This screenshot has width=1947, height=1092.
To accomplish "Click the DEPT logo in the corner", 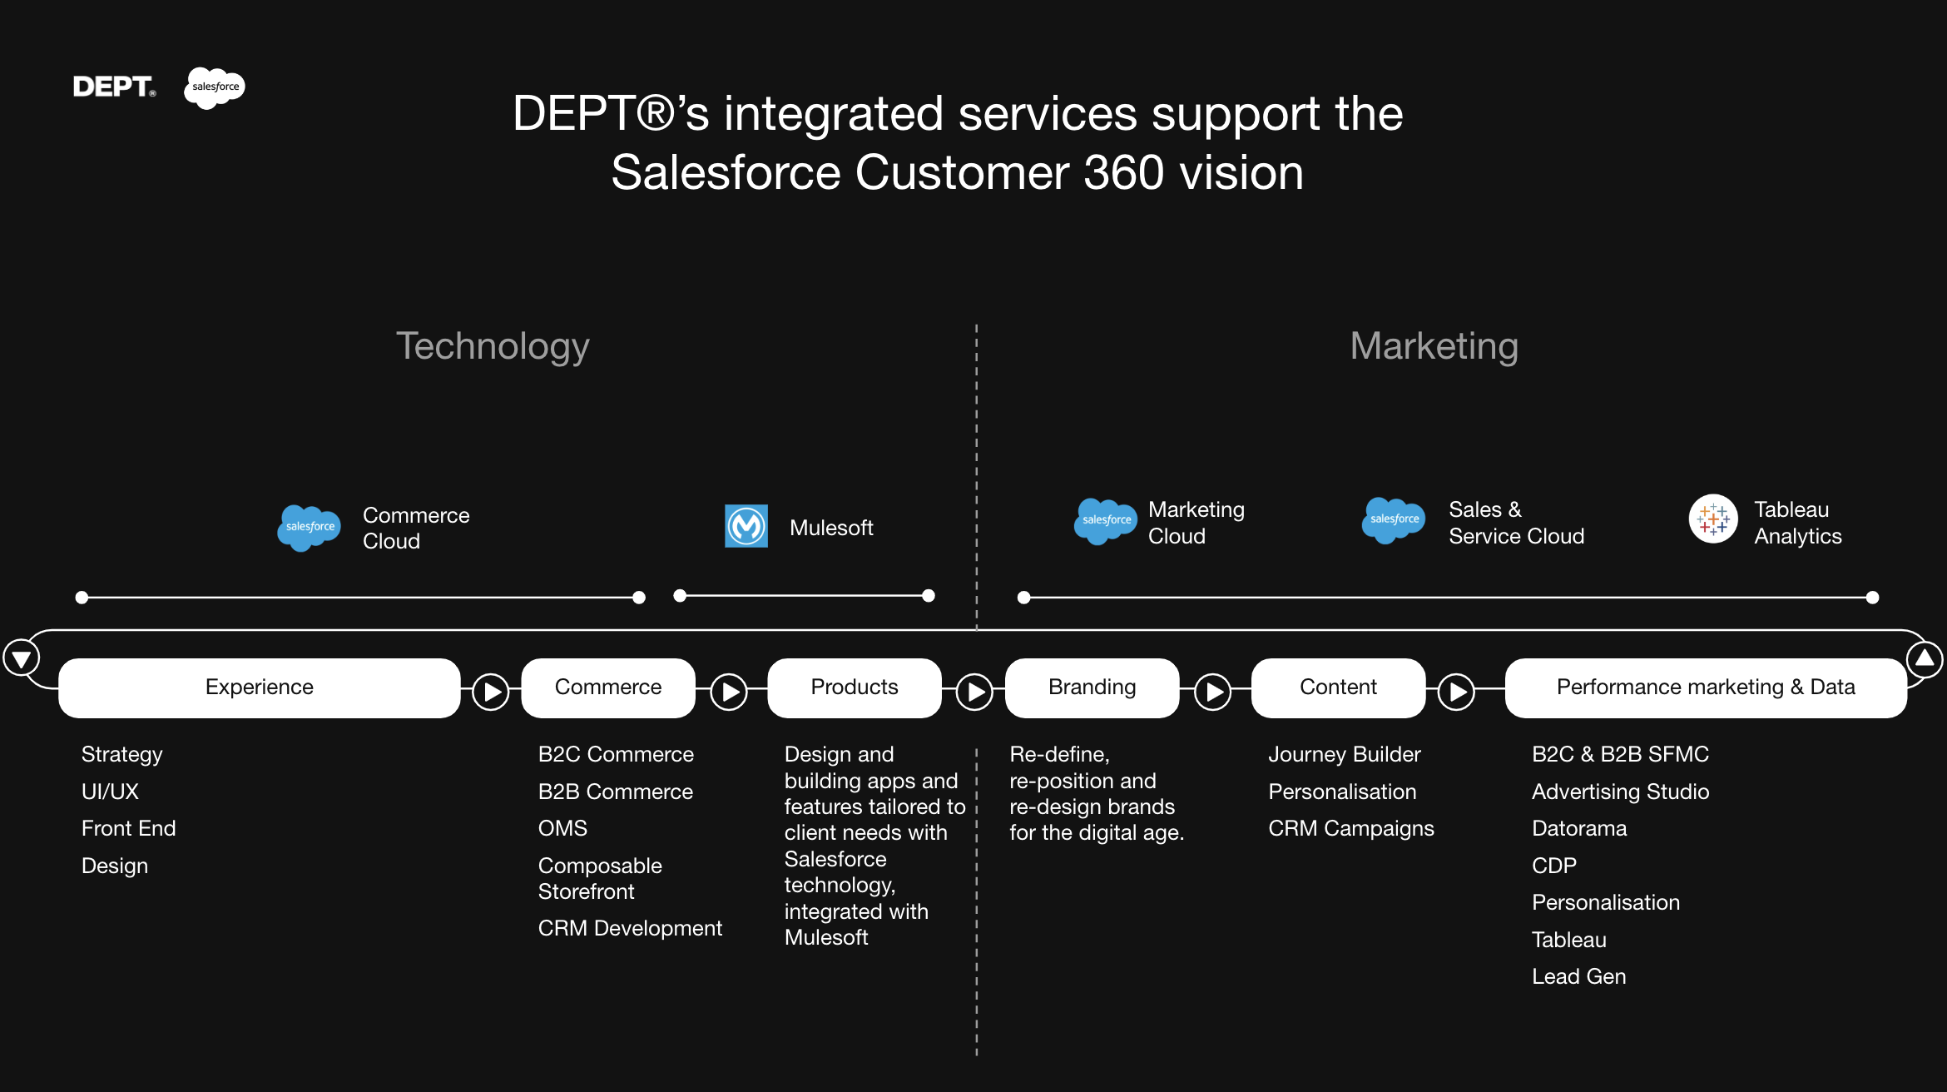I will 114,87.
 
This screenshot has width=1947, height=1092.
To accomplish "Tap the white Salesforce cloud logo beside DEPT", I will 215,87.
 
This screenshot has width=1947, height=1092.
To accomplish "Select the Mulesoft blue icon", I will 746,526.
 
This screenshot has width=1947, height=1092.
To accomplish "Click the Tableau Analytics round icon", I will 1713,519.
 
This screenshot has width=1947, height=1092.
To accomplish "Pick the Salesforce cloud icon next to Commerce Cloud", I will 310,527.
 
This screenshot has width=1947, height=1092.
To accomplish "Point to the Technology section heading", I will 493,346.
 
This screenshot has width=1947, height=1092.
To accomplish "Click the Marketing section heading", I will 1434,346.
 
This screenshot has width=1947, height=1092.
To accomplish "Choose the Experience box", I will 260,687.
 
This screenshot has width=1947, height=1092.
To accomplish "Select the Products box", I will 855,687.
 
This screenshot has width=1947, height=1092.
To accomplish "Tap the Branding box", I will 1092,687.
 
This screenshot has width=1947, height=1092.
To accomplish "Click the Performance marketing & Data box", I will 1706,687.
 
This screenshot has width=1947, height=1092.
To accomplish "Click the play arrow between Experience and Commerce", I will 491,692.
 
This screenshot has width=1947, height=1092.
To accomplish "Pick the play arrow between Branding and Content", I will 1213,692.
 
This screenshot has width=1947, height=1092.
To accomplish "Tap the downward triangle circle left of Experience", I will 22,659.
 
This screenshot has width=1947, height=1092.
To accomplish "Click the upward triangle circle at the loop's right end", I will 1925,659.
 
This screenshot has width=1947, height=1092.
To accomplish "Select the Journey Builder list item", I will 1345,754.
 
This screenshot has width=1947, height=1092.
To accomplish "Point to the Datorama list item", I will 1579,828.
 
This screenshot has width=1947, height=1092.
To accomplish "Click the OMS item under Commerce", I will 562,828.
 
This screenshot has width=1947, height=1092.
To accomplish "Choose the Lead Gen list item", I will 1578,976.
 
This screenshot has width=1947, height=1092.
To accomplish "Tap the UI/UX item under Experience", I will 110,792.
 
